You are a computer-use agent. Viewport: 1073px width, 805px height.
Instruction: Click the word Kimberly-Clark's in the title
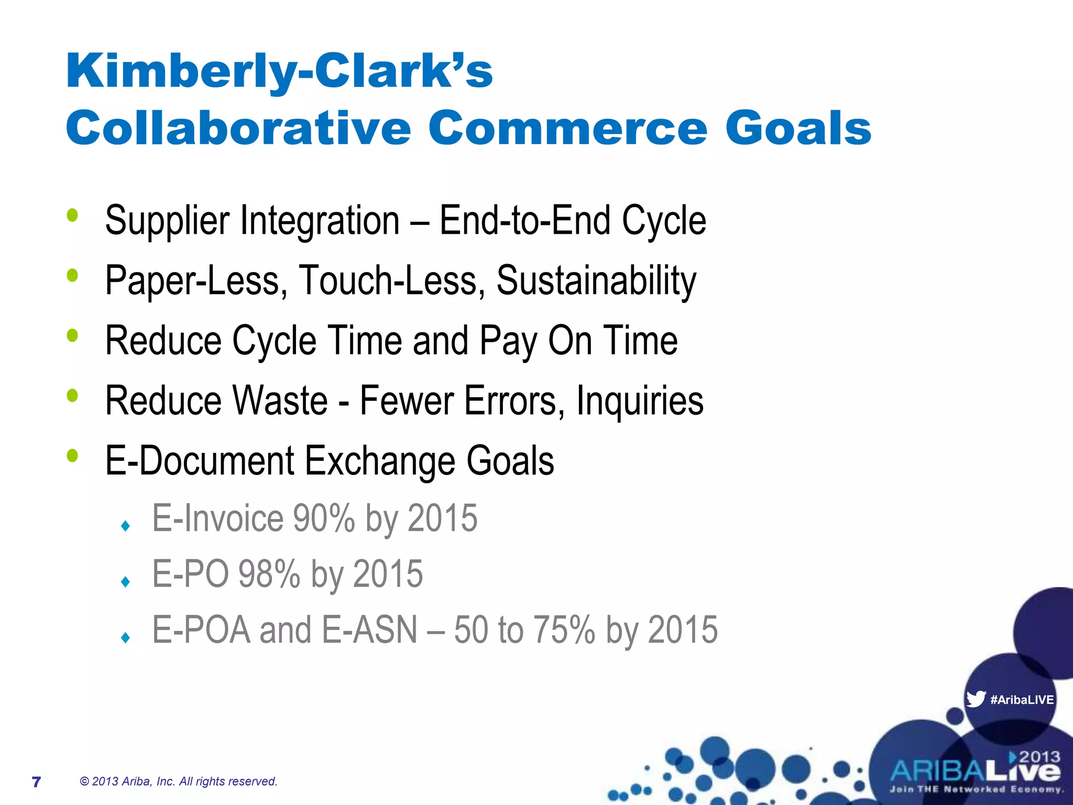(279, 72)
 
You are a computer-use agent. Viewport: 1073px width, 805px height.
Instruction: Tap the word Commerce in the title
(568, 129)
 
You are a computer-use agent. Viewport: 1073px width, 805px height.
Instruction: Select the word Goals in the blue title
(798, 129)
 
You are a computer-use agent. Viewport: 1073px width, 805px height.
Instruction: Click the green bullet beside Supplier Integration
(72, 215)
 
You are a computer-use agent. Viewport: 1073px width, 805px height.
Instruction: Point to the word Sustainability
(596, 280)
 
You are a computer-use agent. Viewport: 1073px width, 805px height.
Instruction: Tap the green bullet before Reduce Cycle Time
(72, 335)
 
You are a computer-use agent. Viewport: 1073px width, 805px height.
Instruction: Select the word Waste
(280, 401)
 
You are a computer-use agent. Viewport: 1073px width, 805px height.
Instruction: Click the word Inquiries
(640, 401)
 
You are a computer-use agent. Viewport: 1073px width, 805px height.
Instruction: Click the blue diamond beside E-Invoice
(125, 526)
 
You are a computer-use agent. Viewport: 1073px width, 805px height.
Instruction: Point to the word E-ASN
(369, 630)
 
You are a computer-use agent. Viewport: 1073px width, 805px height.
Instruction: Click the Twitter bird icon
(976, 699)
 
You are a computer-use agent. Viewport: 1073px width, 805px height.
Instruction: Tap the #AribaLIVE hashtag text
(1022, 700)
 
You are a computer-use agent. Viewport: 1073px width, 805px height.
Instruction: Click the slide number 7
(36, 782)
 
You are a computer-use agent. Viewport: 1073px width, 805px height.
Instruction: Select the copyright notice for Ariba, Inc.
(178, 781)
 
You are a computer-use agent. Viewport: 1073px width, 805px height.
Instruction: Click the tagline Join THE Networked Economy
(976, 789)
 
